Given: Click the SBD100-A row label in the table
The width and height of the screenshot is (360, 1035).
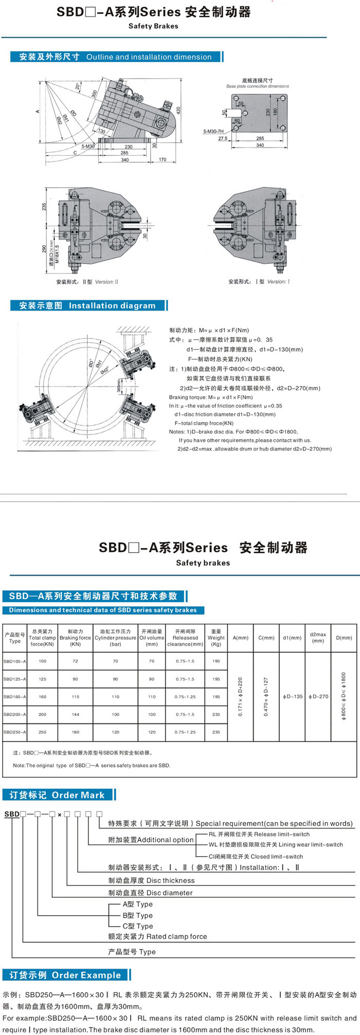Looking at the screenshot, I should point(14,661).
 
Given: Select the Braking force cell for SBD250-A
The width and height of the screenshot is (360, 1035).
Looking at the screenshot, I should point(75,732).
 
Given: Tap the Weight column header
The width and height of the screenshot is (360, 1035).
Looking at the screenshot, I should point(216,638).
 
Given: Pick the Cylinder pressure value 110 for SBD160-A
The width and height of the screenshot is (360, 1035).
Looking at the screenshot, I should point(115,697).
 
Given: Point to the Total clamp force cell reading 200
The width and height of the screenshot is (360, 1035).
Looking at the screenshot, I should point(42,714).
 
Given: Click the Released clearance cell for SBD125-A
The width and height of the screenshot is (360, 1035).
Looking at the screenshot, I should point(185,679).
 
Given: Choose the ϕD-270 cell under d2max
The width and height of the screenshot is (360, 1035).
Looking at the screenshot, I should point(318,697).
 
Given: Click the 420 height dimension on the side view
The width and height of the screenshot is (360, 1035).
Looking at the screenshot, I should point(178,110).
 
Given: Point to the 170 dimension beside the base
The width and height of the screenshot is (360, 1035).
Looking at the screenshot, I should point(163,160).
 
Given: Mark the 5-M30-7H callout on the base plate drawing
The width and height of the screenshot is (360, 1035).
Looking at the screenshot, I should point(213,132).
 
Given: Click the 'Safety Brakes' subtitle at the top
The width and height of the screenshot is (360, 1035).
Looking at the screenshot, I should point(153,26).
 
